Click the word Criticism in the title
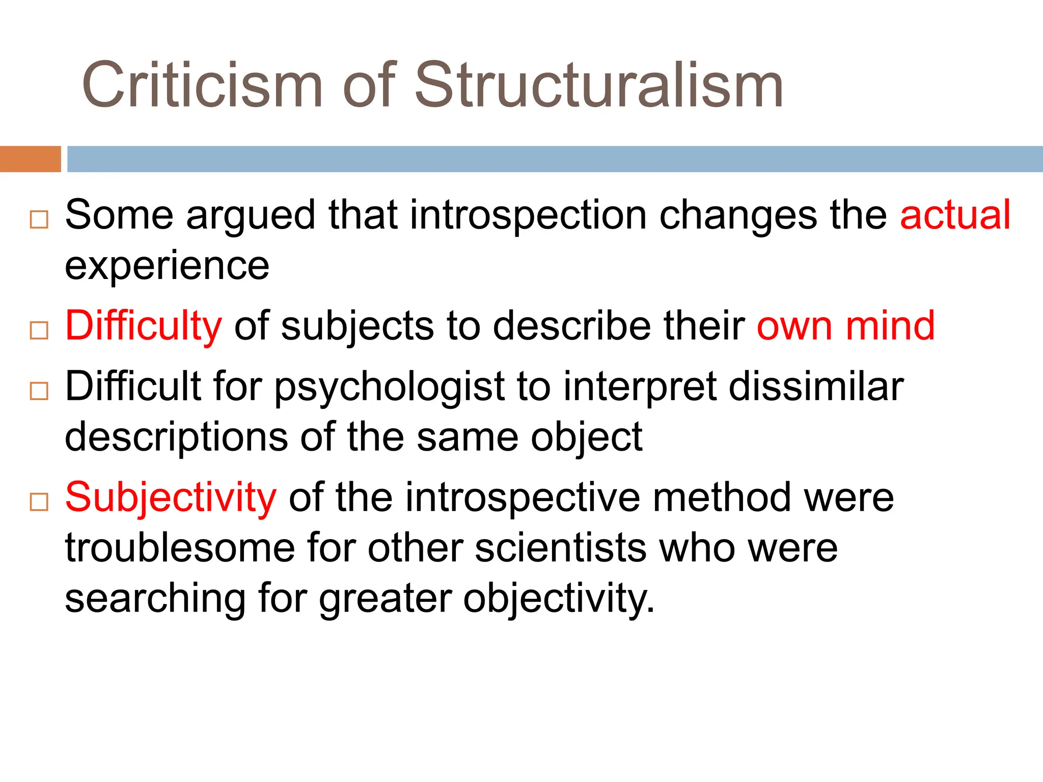tap(202, 86)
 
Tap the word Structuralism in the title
tap(599, 86)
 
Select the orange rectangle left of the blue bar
tap(30, 159)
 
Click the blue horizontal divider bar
tap(555, 159)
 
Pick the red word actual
tap(955, 215)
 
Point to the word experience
tap(167, 267)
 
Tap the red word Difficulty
tap(144, 326)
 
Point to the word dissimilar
tap(816, 386)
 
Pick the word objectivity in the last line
tap(559, 599)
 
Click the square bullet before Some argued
tap(39, 219)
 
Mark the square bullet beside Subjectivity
tap(39, 502)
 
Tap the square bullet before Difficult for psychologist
tap(39, 391)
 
